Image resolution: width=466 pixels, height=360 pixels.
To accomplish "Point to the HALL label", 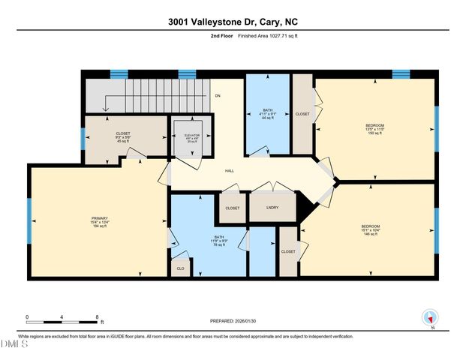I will coord(230,171).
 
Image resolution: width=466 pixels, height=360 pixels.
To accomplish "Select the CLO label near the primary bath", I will coord(180,268).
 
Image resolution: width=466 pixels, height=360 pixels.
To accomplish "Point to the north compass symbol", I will coord(431,319).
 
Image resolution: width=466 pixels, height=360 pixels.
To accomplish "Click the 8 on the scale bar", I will coord(98,316).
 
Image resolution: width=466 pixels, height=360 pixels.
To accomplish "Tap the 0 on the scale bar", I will coord(27,316).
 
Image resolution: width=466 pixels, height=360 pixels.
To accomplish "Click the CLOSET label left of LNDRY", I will coord(232,208).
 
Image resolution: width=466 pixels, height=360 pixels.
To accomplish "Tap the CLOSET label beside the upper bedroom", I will coord(302,114).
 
